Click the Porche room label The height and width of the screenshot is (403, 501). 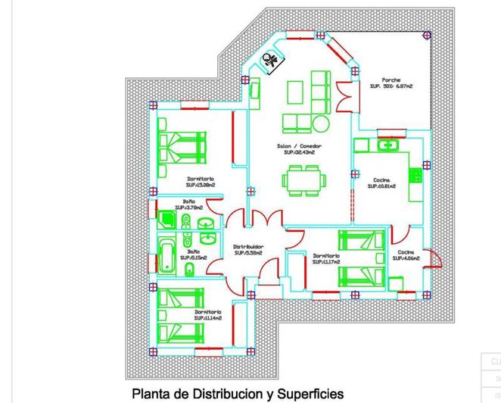(391, 80)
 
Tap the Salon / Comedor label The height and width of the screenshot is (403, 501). (299, 145)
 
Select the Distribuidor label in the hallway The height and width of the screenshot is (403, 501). (247, 246)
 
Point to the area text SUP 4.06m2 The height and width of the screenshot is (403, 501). (407, 258)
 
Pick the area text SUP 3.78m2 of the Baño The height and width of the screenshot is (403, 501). (189, 207)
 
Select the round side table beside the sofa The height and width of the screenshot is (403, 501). (322, 122)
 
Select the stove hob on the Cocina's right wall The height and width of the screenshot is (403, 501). (414, 175)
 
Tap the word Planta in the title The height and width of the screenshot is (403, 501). (151, 394)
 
